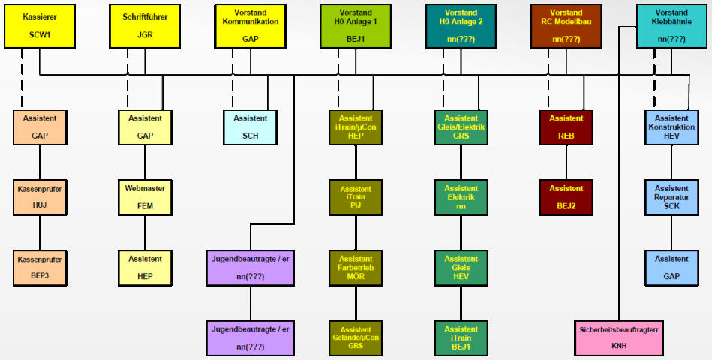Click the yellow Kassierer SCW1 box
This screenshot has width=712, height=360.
point(39,26)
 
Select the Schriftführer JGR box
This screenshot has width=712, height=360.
point(145,26)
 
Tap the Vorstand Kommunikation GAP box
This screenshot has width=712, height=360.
point(250,26)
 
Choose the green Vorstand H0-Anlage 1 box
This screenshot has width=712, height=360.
point(355,26)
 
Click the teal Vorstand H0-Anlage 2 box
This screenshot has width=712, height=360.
point(461,26)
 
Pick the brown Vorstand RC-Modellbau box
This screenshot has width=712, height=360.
point(566,26)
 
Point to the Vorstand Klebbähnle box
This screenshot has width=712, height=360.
point(671,26)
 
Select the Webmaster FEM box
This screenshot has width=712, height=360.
point(145,197)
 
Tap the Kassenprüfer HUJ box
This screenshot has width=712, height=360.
point(39,197)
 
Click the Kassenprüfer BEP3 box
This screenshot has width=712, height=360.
point(39,268)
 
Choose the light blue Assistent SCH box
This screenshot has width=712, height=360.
point(250,127)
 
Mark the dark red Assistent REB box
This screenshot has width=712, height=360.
point(566,127)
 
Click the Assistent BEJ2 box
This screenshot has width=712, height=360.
point(566,197)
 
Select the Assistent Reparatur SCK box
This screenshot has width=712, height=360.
point(671,197)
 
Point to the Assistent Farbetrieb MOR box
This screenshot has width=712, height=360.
point(355,268)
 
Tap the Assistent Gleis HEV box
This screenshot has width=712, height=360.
point(461,268)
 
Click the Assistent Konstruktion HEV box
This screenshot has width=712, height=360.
point(671,127)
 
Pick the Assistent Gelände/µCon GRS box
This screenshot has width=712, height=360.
point(355,337)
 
